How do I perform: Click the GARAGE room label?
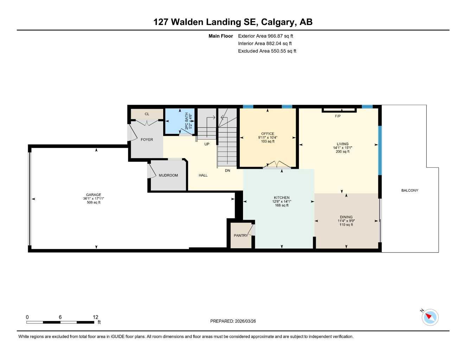tap(94, 195)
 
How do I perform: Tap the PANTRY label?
tap(241, 236)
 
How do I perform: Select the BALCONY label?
tap(410, 191)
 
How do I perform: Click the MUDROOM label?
tap(168, 175)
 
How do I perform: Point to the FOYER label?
tap(147, 140)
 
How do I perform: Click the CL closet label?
tap(147, 114)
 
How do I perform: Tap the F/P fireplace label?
tap(338, 116)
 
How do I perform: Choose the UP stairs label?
tap(207, 144)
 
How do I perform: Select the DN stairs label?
tap(228, 171)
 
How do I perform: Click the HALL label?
tap(203, 175)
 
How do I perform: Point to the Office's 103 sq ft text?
tap(268, 141)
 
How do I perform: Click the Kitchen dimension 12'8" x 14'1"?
tap(282, 201)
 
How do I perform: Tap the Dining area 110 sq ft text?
tap(346, 225)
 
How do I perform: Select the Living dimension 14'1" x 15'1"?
tap(343, 148)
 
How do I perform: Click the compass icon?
tap(430, 317)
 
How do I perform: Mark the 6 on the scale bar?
tap(60, 317)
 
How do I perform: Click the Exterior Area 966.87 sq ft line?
tap(266, 36)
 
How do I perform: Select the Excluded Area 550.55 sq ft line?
tap(267, 51)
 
